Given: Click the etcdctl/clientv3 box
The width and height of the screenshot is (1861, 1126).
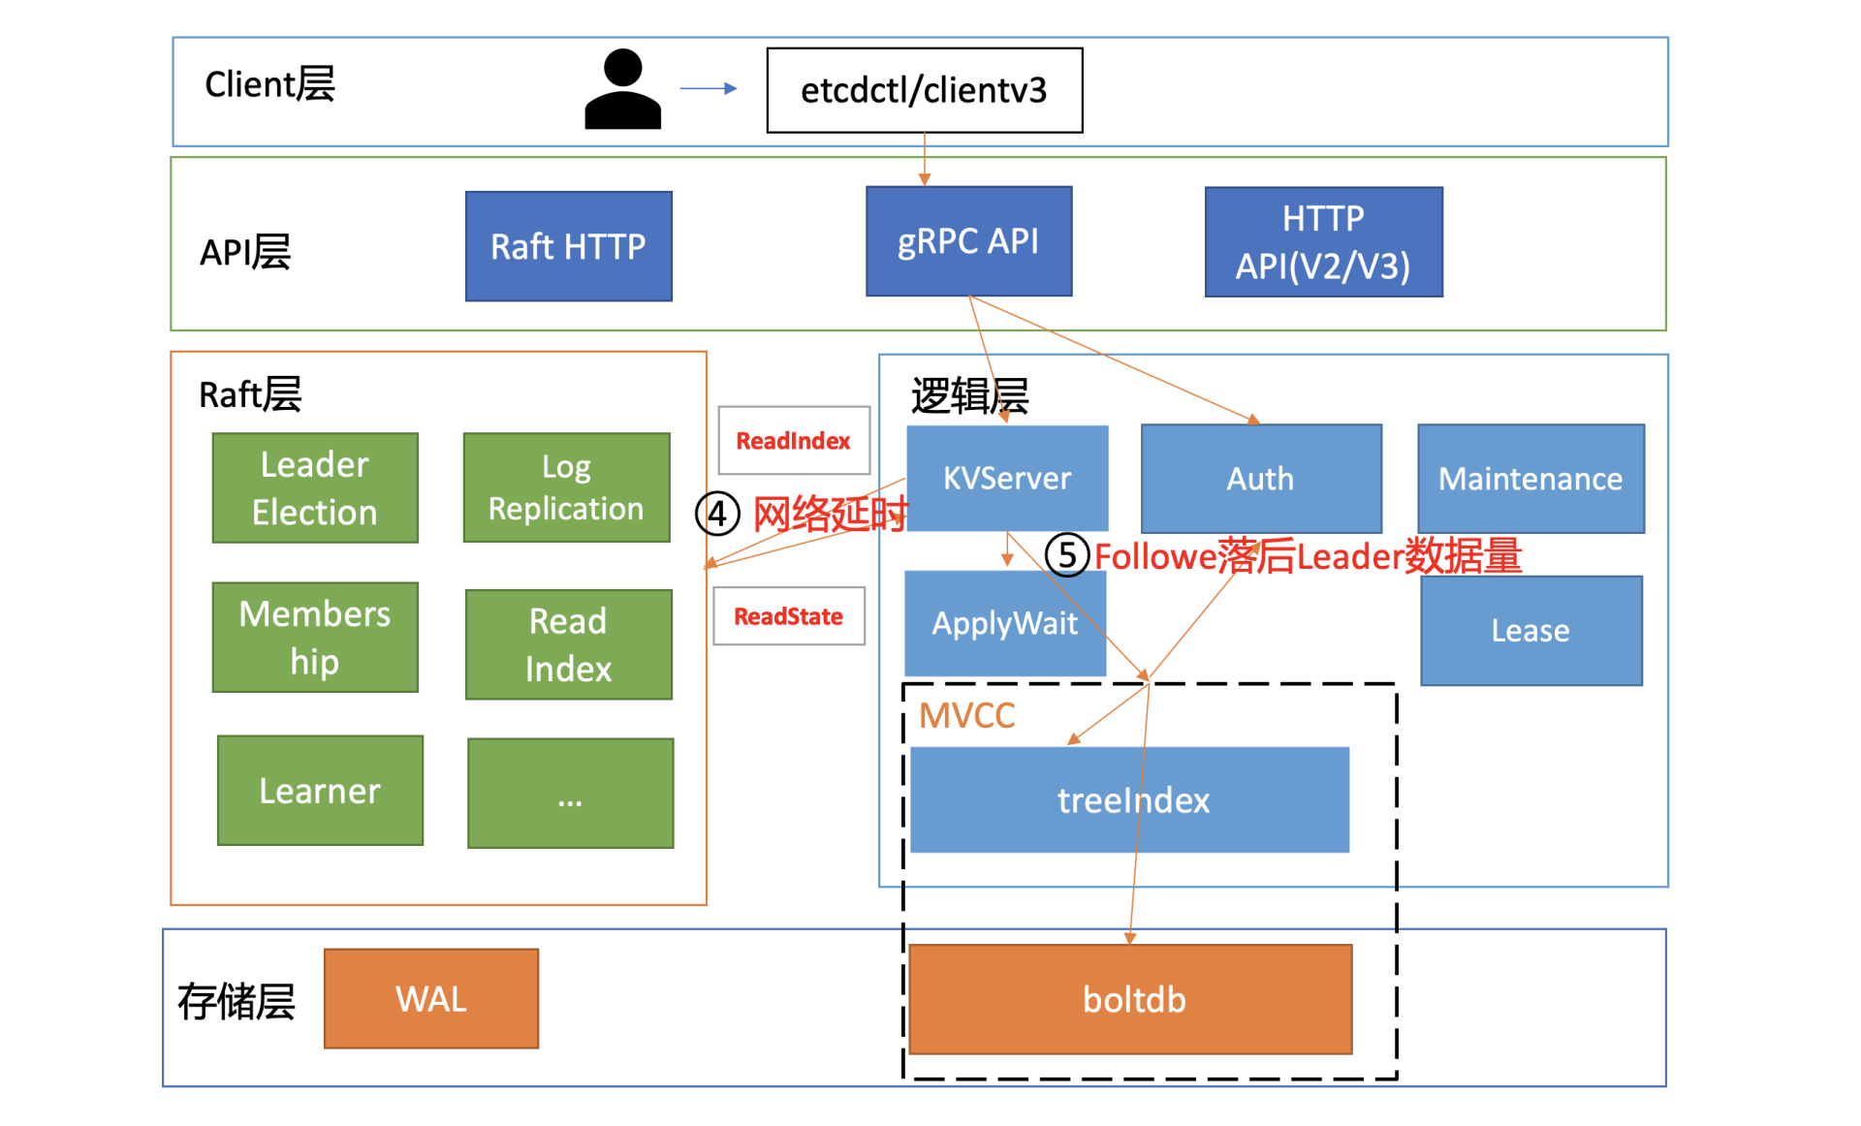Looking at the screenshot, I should pyautogui.click(x=924, y=90).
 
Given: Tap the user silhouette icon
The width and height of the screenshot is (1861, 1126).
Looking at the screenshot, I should pyautogui.click(x=622, y=90).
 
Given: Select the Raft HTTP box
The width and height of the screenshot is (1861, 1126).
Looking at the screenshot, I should pyautogui.click(x=568, y=246).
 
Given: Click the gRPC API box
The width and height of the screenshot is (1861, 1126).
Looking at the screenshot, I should pyautogui.click(x=968, y=241).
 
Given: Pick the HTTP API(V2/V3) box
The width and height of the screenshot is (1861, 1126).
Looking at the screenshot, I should pyautogui.click(x=1323, y=242).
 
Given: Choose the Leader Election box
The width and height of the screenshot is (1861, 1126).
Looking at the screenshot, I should pyautogui.click(x=315, y=487).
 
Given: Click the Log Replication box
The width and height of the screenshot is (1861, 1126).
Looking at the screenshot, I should pyautogui.click(x=566, y=487).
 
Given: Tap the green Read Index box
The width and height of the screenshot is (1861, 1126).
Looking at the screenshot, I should pyautogui.click(x=568, y=644).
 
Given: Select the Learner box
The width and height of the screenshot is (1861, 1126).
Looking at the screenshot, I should pyautogui.click(x=320, y=791).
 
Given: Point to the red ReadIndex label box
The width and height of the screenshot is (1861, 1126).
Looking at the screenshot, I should pyautogui.click(x=793, y=441).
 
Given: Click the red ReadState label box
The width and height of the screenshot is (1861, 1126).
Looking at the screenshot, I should pyautogui.click(x=788, y=616).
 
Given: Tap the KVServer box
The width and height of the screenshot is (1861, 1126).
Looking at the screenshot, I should pyautogui.click(x=1007, y=478).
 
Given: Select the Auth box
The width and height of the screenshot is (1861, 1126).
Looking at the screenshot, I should pyautogui.click(x=1260, y=479).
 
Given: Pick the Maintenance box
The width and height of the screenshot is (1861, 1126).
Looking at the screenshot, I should pyautogui.click(x=1530, y=479).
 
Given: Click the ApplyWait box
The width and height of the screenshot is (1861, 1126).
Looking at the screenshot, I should pyautogui.click(x=1004, y=623).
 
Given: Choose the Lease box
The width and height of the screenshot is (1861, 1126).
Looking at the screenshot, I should pyautogui.click(x=1530, y=631).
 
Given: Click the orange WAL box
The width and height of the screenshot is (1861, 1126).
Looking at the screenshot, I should pyautogui.click(x=430, y=999).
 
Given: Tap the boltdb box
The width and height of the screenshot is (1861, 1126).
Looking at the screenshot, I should pyautogui.click(x=1130, y=999).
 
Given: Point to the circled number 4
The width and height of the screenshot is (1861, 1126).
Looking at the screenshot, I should pyautogui.click(x=717, y=514).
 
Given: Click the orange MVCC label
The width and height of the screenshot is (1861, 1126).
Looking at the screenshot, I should pyautogui.click(x=966, y=716).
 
